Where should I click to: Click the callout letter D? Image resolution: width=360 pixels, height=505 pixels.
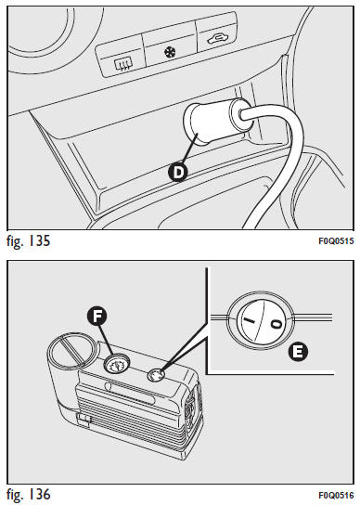(177, 172)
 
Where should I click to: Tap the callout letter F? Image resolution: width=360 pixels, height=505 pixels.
(96, 317)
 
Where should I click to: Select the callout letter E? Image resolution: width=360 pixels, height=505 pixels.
(298, 352)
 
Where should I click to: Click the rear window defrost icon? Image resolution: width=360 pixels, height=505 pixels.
(122, 65)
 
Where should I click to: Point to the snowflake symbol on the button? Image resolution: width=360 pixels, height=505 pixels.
(170, 52)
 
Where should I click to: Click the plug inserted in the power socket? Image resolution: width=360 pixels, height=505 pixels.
(216, 121)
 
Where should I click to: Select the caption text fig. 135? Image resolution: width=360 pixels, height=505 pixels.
(29, 241)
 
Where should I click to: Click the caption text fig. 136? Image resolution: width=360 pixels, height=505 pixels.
(29, 495)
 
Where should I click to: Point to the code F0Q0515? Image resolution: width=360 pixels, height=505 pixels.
(336, 241)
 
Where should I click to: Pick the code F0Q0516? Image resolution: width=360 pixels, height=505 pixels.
(336, 495)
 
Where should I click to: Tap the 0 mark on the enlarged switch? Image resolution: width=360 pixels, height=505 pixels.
(277, 324)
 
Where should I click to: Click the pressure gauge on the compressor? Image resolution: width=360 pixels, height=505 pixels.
(116, 364)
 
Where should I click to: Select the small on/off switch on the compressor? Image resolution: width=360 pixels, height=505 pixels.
(156, 375)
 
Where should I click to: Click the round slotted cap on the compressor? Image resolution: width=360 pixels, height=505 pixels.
(72, 349)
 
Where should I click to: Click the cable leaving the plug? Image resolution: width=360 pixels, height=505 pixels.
(276, 161)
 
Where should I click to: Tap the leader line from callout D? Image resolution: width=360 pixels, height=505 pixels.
(189, 149)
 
